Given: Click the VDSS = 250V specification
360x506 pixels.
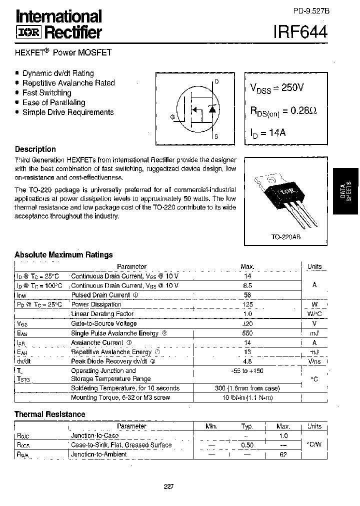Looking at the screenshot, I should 277,87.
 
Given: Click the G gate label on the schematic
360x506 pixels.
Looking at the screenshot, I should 172,117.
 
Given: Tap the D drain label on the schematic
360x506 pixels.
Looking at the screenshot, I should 216,81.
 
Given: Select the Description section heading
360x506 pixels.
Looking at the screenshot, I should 35,149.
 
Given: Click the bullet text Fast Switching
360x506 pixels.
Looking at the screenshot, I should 47,92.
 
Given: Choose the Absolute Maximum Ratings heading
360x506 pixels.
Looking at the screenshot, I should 63,254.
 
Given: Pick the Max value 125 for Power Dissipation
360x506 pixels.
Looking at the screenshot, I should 247,304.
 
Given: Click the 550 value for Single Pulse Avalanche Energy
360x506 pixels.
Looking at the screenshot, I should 247,333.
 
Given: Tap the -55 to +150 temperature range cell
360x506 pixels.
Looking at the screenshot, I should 247,370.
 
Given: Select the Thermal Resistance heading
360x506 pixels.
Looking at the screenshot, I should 49,414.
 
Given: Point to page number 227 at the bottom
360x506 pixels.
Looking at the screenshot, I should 168,486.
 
